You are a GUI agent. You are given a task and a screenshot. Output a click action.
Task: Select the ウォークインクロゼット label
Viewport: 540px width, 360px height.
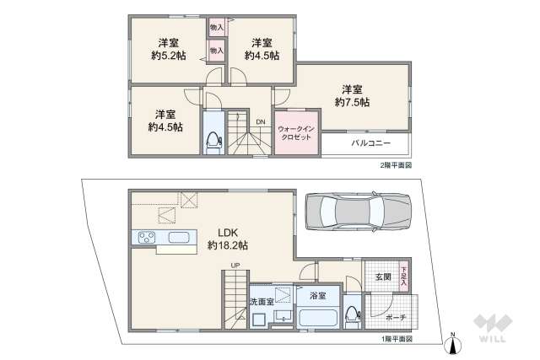click(x=297, y=132)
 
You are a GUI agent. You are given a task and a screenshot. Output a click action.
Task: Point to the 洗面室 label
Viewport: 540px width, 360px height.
click(x=260, y=301)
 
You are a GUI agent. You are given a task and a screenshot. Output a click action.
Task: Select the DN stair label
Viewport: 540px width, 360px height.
click(x=261, y=122)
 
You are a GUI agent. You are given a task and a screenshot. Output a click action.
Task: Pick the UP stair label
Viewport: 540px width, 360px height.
click(x=235, y=268)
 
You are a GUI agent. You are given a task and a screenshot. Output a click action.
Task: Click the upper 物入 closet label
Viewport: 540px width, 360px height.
click(x=216, y=28)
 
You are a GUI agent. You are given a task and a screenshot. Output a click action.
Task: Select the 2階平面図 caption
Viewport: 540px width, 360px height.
click(x=396, y=164)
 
